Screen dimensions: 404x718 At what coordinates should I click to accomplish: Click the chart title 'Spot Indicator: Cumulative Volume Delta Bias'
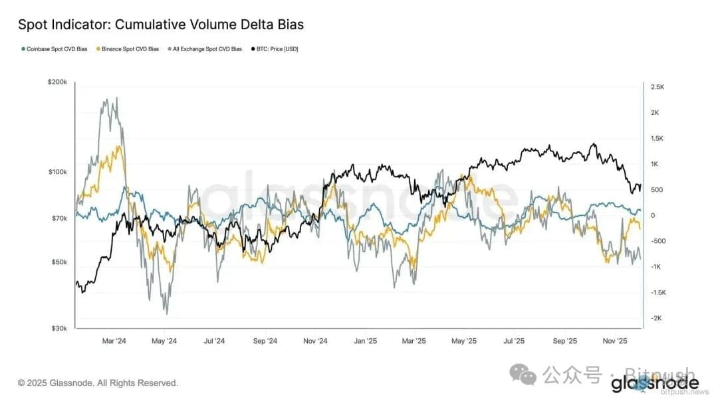tap(161, 25)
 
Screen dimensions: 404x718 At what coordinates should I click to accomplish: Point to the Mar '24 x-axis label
tap(114, 342)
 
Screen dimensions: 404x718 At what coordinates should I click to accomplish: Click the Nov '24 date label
tap(315, 342)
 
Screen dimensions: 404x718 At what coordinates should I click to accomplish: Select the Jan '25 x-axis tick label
tap(365, 342)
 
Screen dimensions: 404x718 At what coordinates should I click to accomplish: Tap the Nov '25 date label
tap(615, 342)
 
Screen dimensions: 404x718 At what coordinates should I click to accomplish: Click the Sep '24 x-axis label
tap(265, 342)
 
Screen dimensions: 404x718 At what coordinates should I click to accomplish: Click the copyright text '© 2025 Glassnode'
tap(98, 383)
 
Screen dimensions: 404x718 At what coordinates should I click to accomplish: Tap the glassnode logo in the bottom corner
tap(654, 383)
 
